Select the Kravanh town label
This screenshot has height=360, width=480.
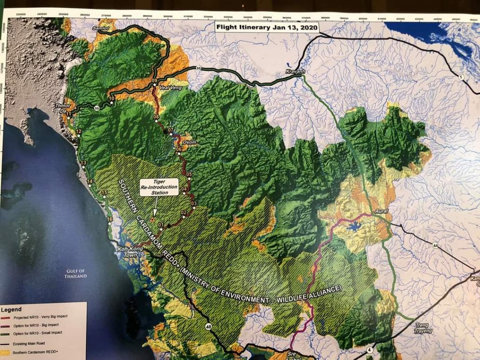[295, 72]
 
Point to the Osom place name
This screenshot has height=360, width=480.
[189, 142]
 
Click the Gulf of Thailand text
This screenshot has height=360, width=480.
[75, 274]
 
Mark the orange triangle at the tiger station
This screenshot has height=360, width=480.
[152, 218]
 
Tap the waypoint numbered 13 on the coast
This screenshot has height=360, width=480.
[83, 163]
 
